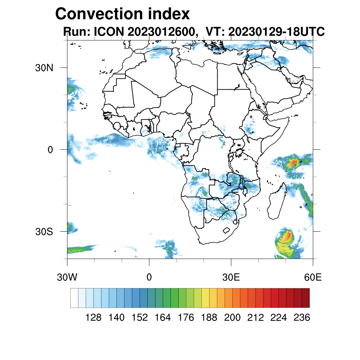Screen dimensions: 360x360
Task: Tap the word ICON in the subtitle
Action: click(x=107, y=32)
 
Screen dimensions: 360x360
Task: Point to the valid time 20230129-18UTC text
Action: click(x=276, y=32)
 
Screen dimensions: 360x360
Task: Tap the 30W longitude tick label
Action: click(x=67, y=277)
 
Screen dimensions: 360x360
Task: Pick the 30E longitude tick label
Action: click(x=231, y=277)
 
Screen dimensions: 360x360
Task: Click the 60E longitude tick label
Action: click(x=313, y=277)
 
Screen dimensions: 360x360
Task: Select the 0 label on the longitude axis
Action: click(x=149, y=277)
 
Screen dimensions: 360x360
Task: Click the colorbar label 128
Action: click(x=94, y=317)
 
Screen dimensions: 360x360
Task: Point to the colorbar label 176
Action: click(x=186, y=317)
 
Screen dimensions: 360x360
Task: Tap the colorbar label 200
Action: click(x=232, y=317)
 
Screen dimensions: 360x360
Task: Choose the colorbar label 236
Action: click(x=302, y=317)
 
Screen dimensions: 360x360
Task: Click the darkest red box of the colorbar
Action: click(x=306, y=298)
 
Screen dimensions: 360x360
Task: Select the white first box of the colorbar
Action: click(x=74, y=298)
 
